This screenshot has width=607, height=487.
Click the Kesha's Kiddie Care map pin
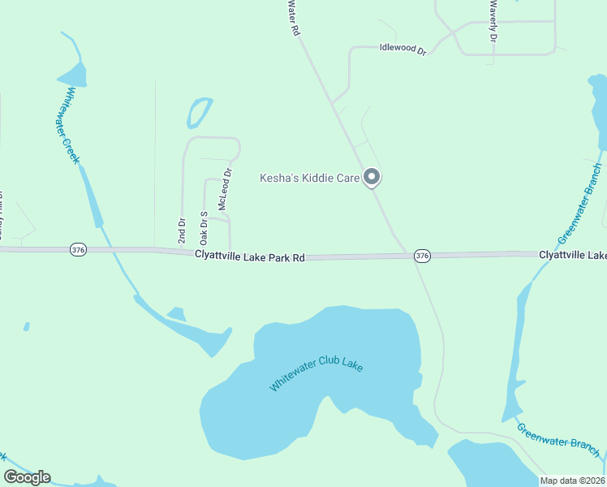tap(372, 176)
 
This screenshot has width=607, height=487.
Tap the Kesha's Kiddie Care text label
tap(309, 178)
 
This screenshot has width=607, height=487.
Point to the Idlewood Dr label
tap(403, 49)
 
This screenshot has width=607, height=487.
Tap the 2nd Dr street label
tap(182, 231)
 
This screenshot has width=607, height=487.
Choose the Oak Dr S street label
tap(204, 227)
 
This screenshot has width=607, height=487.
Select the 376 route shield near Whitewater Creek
tap(78, 250)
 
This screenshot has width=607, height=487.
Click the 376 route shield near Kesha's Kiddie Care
tap(422, 256)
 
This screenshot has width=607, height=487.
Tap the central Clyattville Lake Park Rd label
tap(250, 256)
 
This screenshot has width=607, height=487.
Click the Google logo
tap(27, 477)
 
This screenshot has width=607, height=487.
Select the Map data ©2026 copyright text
tap(572, 481)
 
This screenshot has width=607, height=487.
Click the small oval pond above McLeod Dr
tap(199, 113)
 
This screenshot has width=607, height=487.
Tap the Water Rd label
tap(294, 17)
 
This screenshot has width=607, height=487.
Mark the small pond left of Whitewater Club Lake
tap(176, 313)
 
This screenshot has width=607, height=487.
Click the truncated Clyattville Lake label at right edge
tap(572, 255)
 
